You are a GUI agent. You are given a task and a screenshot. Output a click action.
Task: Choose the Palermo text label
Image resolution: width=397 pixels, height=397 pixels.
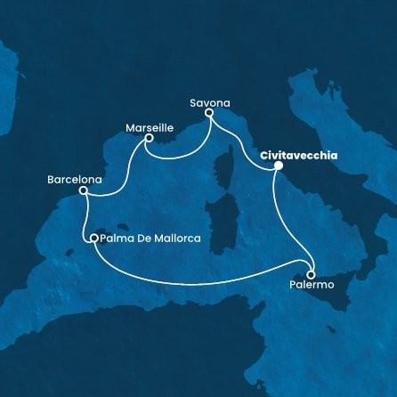point(312,285)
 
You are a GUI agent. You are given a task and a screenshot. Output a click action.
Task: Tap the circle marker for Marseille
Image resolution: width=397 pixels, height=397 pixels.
point(150,137)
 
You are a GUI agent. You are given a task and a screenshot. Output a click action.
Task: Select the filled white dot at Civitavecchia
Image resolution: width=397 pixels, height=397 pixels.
point(278,166)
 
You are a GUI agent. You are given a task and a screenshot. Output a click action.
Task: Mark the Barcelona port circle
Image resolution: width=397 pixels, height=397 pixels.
point(83,190)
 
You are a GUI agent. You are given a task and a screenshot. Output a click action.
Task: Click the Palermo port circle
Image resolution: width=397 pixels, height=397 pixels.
point(311,273)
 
